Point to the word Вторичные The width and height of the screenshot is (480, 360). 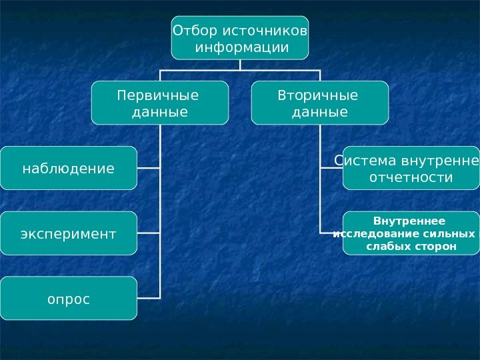pyautogui.click(x=317, y=95)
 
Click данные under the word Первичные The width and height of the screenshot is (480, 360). pyautogui.click(x=159, y=112)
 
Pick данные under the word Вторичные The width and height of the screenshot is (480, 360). pyautogui.click(x=320, y=112)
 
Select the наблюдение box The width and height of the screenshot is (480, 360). pyautogui.click(x=68, y=168)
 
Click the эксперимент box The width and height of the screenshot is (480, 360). pyautogui.click(x=68, y=233)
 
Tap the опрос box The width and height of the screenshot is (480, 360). pyautogui.click(x=68, y=298)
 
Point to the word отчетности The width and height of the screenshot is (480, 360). pyautogui.click(x=411, y=178)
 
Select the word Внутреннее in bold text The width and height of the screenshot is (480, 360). pyautogui.click(x=409, y=221)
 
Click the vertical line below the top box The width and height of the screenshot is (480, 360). pyautogui.click(x=240, y=64)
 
